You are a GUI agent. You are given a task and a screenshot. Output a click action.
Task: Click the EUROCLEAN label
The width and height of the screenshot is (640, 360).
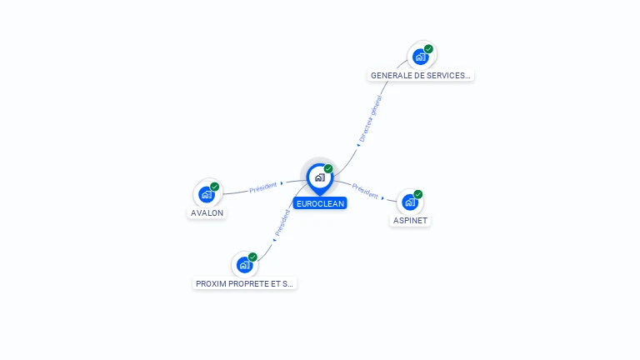[319, 203]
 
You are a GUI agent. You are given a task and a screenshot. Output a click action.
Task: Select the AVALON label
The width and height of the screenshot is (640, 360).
[207, 212]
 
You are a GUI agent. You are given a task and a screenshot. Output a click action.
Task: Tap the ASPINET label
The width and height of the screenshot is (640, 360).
[410, 221]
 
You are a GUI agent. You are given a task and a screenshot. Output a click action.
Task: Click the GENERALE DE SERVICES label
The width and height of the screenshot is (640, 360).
[421, 75]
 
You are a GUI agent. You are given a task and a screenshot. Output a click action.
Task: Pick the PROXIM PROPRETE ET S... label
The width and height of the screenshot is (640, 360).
[244, 283]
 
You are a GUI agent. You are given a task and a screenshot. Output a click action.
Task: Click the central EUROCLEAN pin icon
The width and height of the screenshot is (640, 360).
[318, 177]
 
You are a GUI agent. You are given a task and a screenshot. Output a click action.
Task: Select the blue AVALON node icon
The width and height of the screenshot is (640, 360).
[207, 194]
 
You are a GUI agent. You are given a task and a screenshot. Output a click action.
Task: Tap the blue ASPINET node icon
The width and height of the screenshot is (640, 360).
[409, 202]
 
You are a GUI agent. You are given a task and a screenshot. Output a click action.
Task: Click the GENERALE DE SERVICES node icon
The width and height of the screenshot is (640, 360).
[421, 57]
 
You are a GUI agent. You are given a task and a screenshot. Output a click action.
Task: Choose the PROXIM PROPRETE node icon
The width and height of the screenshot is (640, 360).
[244, 265]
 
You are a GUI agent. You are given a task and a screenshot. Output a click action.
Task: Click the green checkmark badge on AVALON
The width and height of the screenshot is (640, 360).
[215, 187]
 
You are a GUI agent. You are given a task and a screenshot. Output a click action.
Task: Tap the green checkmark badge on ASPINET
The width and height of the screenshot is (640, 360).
[418, 194]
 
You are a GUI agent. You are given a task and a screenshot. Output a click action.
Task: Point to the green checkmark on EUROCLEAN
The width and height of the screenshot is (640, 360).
[328, 168]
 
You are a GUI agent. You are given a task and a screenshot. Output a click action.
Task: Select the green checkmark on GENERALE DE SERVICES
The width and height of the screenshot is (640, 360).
[428, 49]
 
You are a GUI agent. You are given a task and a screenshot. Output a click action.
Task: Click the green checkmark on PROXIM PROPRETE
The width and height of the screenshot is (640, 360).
[252, 257]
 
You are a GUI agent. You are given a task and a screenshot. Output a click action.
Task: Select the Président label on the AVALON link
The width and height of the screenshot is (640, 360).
[263, 187]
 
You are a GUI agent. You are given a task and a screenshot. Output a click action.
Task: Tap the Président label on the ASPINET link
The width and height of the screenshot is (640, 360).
[365, 190]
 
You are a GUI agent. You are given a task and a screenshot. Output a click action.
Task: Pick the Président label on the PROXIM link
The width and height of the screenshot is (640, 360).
[283, 222]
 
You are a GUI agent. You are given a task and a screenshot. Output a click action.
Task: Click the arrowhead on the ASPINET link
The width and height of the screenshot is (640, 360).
[383, 198]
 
